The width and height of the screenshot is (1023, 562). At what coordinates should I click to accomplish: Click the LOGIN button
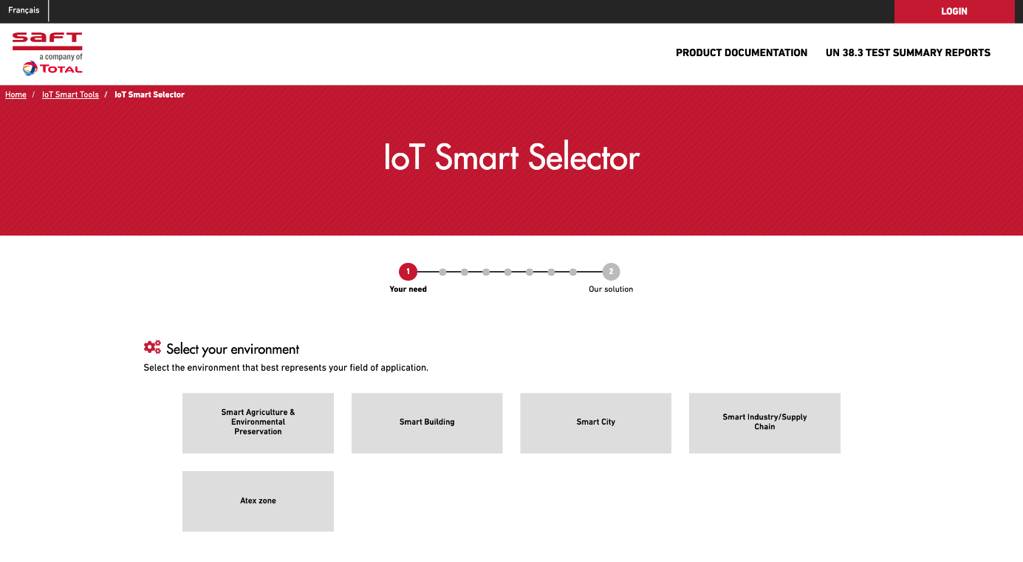[954, 11]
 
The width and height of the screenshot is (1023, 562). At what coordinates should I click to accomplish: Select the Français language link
[24, 10]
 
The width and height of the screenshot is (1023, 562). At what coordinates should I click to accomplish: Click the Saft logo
[47, 41]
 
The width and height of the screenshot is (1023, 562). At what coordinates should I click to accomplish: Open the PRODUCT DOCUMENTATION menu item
[742, 53]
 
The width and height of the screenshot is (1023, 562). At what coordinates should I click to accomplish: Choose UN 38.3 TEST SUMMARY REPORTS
[908, 53]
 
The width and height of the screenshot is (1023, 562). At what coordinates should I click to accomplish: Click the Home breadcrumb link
[16, 95]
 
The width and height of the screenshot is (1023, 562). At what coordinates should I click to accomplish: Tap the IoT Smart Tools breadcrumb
[70, 95]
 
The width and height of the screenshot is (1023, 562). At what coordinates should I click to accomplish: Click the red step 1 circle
[408, 272]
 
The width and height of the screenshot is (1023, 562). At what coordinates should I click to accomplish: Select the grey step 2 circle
[611, 272]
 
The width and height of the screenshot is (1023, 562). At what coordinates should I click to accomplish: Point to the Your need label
[408, 289]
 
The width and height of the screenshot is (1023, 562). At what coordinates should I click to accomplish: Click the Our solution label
[611, 289]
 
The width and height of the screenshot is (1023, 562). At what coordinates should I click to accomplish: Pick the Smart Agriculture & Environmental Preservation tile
[258, 423]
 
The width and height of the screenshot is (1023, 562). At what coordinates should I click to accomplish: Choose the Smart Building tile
[427, 423]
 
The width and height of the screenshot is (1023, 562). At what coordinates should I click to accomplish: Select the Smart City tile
[595, 423]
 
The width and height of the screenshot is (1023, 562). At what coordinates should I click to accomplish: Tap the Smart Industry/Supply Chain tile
[764, 423]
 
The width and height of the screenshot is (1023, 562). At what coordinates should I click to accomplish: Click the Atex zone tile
[258, 501]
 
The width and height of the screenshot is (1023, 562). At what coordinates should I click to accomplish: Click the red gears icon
[152, 347]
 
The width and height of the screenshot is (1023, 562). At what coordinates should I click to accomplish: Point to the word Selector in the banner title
[584, 157]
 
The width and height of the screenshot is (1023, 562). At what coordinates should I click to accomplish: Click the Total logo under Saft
[52, 69]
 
